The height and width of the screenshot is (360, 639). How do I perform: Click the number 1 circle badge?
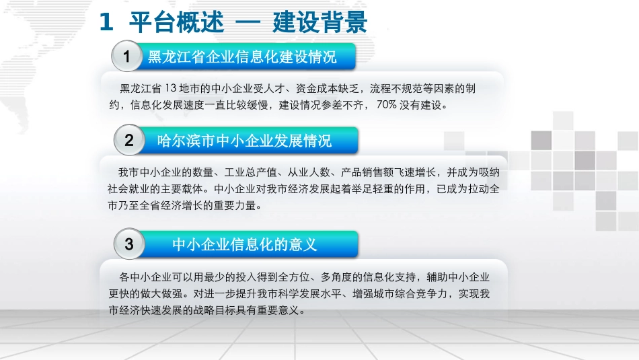coord(127,57)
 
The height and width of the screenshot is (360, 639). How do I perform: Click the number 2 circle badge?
coord(129,141)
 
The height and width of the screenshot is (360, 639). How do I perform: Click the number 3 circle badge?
coord(129,244)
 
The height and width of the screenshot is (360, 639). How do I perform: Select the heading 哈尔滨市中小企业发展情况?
coord(244,141)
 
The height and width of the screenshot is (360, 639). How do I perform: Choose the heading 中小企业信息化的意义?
coord(244,244)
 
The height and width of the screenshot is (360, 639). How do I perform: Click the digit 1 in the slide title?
coord(106,22)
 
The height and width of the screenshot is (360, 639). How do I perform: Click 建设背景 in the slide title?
coord(321,22)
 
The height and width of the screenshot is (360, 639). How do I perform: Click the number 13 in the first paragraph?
coord(170,89)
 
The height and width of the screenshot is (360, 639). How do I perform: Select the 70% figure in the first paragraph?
coord(389,105)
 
